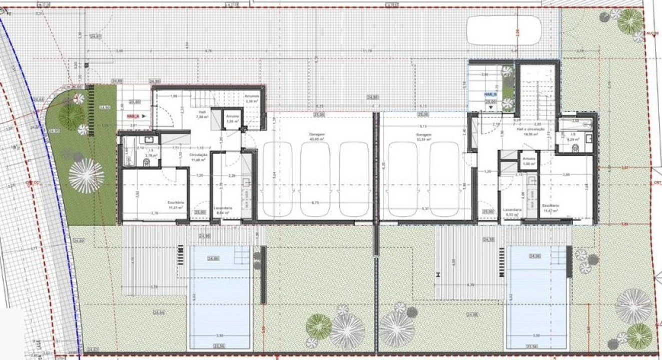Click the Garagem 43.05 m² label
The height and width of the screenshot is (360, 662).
tap(314, 137)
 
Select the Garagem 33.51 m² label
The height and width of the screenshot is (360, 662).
tap(424, 137)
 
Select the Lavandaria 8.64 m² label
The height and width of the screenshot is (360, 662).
tap(221, 210)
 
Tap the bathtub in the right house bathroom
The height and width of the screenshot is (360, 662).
tap(575, 124)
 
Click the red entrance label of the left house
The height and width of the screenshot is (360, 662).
tap(133, 115)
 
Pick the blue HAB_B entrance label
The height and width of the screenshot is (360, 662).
tap(490, 94)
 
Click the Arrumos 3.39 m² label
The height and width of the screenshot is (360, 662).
tap(251, 98)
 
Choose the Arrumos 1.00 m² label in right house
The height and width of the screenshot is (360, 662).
tap(529, 160)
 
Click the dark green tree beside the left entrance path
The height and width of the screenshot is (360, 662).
tap(72, 115)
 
